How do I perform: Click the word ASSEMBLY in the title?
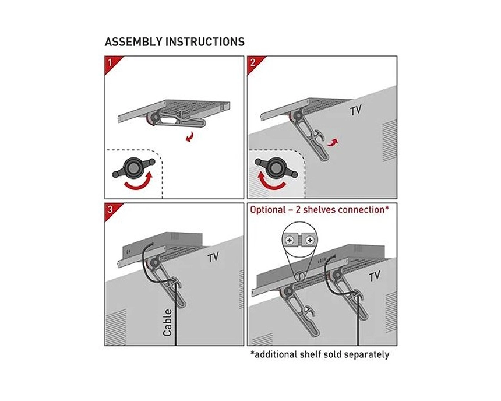coord(133,42)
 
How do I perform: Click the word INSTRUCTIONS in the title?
coord(205,42)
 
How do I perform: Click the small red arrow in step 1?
coord(189,136)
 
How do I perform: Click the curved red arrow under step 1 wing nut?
coord(138,182)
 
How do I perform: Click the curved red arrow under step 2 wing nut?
coord(271,182)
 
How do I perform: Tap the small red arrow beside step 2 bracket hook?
coord(332,142)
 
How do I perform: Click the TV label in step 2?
coord(355,110)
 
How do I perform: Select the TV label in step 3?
coord(213,258)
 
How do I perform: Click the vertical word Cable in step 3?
coord(168,323)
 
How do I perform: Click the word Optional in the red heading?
coord(268,210)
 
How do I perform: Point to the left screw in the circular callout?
coord(290,240)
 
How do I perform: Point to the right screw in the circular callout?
coord(309,240)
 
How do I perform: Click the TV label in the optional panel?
coord(375,277)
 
